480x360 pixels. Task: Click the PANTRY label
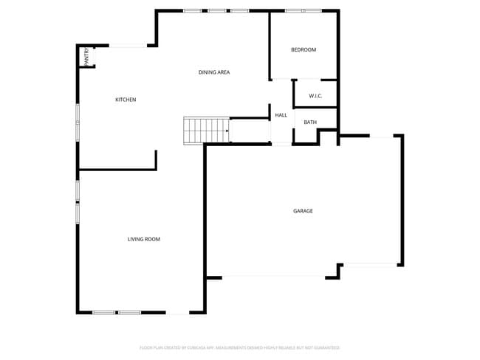(x=87, y=57)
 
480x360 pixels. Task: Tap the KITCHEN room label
(x=126, y=100)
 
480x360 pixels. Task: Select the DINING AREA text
(x=214, y=72)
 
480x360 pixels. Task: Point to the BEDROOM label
(x=303, y=50)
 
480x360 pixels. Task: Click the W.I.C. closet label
(x=315, y=96)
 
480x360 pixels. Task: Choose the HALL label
(x=281, y=115)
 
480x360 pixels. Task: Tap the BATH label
(x=310, y=122)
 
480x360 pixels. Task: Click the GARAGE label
(x=303, y=211)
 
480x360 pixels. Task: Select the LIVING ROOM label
(x=143, y=239)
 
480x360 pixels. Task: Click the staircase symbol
(x=206, y=130)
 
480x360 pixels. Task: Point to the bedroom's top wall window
(x=304, y=10)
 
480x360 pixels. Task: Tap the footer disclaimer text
(x=239, y=347)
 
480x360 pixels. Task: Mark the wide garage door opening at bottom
(x=273, y=277)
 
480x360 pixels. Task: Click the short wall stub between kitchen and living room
(x=156, y=160)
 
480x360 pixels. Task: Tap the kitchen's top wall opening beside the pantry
(x=128, y=46)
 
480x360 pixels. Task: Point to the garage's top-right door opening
(x=382, y=136)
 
